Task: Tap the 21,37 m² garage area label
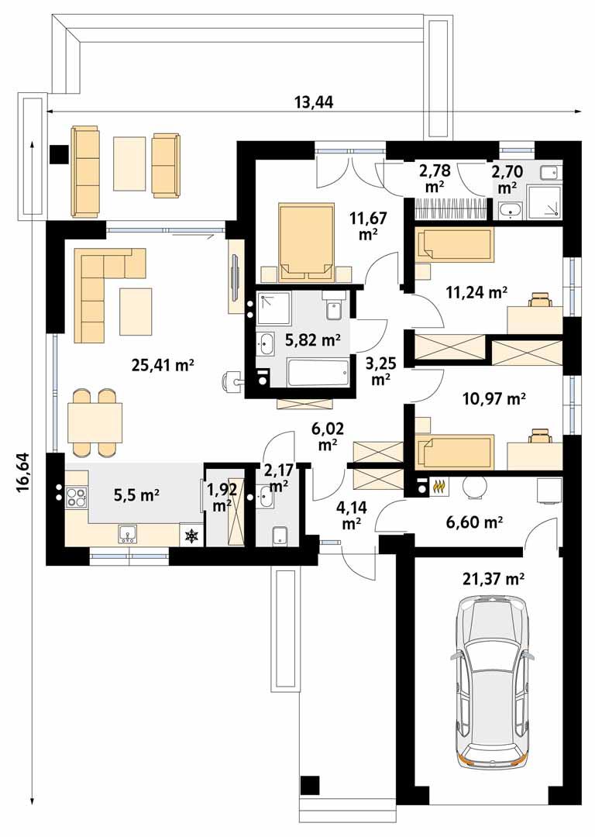[x=494, y=577]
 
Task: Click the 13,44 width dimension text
[x=314, y=102]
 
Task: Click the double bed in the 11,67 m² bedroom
[x=305, y=241]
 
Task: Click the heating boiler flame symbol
[x=440, y=487]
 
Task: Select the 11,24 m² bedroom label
[x=476, y=292]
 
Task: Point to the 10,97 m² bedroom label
[x=494, y=399]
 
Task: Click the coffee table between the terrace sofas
[x=129, y=164]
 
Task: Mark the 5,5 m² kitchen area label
[x=136, y=494]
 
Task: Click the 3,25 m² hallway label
[x=380, y=371]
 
